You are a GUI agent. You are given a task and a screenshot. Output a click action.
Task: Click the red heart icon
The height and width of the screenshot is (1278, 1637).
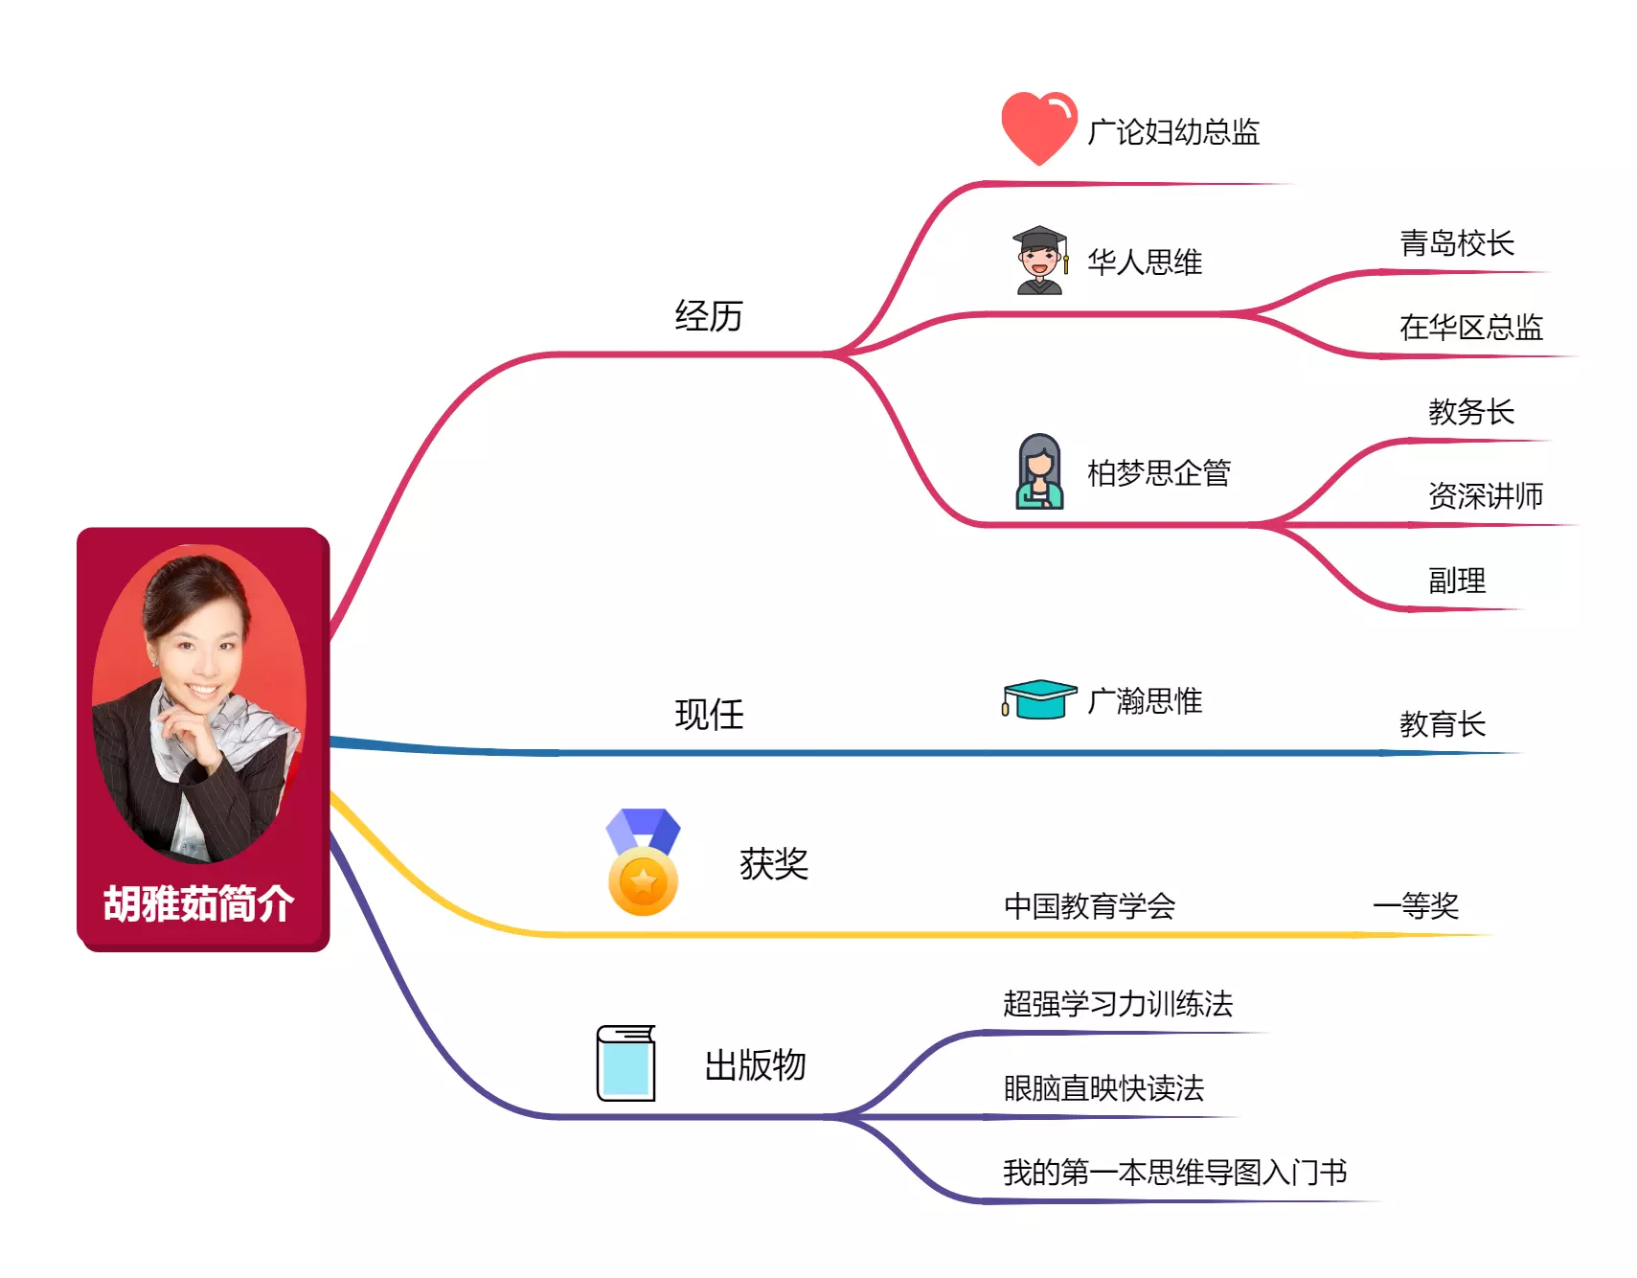[x=1038, y=127]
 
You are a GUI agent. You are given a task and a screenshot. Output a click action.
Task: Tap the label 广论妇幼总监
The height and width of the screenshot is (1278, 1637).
[x=1172, y=132]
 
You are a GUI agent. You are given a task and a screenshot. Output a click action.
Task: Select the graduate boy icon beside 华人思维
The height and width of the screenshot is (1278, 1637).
[x=1039, y=261]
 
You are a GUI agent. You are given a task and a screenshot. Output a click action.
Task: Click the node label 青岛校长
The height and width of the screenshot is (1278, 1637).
[x=1456, y=243]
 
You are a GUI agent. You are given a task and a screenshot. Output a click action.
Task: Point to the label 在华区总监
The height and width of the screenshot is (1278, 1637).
[x=1470, y=328]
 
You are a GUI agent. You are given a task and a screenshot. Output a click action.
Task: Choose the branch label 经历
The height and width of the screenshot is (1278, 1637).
[x=709, y=316]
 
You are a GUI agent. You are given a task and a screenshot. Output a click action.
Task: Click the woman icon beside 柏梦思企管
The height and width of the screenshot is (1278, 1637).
[x=1039, y=471]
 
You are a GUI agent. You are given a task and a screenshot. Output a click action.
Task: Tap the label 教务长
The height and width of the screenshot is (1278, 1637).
[x=1470, y=412]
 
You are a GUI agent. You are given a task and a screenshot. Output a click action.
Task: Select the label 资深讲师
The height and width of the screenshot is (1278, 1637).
[x=1485, y=496]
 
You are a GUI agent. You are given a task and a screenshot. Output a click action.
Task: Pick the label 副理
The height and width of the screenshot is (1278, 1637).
[x=1456, y=581]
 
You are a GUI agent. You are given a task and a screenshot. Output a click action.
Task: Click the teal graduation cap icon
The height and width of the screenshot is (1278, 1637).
[x=1038, y=699]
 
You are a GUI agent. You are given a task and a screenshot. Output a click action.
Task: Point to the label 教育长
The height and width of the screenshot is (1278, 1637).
[x=1442, y=724]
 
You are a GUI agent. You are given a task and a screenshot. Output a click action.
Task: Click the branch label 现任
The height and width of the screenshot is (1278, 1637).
[x=709, y=715]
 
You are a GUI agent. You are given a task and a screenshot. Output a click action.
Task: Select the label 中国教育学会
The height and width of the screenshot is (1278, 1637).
[x=1089, y=906]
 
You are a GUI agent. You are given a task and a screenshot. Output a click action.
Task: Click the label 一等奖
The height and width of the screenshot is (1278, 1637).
[x=1416, y=906]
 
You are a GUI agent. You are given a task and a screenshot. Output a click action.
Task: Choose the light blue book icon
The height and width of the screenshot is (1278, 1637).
[x=625, y=1063]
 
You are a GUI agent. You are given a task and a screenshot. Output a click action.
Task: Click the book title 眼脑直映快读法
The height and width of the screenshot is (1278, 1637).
[x=1103, y=1088]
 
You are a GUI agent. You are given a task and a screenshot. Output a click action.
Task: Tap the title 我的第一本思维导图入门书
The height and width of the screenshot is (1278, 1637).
[x=1174, y=1173]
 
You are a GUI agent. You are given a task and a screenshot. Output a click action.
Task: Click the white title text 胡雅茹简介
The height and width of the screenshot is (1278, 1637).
[x=198, y=904]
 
